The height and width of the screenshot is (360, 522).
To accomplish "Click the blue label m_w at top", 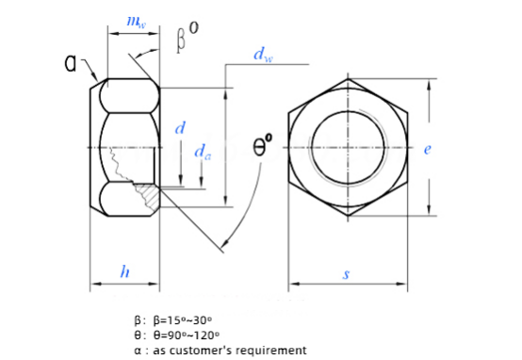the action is pyautogui.click(x=137, y=22).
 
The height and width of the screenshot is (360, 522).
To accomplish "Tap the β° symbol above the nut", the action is pyautogui.click(x=188, y=37).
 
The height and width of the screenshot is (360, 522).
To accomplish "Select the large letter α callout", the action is pyautogui.click(x=71, y=62).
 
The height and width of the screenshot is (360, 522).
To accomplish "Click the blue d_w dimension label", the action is pyautogui.click(x=263, y=55).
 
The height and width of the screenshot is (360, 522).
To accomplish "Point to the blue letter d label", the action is pyautogui.click(x=180, y=127).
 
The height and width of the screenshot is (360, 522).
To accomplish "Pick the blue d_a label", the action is pyautogui.click(x=203, y=152).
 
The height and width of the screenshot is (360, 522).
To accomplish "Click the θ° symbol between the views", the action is pyautogui.click(x=263, y=144).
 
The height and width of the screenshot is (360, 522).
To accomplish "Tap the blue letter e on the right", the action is pyautogui.click(x=428, y=149).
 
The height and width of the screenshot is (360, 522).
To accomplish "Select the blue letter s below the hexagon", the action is pyautogui.click(x=347, y=273).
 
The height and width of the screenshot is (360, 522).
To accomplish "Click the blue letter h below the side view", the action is pyautogui.click(x=124, y=271).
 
